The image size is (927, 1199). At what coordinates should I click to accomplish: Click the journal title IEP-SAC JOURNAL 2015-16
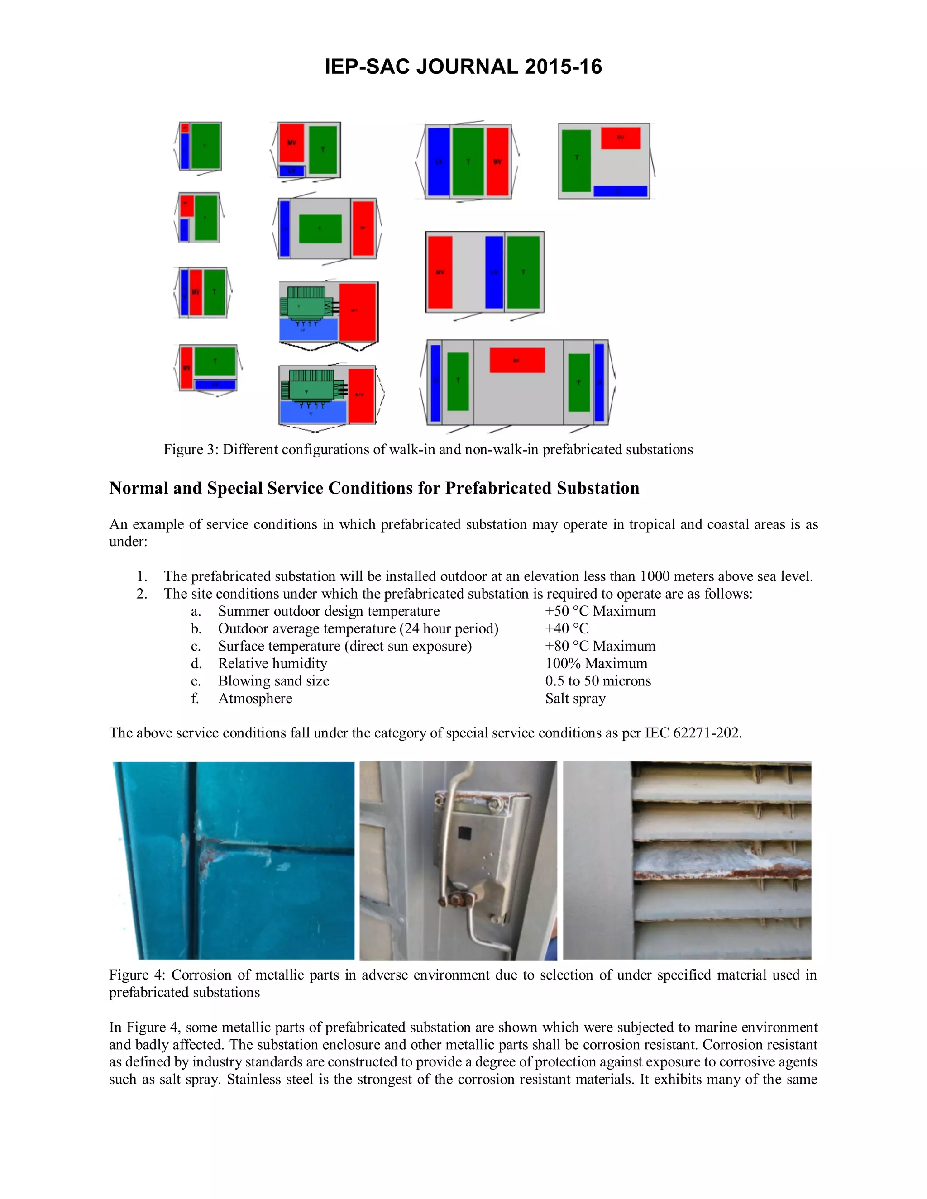click(x=463, y=67)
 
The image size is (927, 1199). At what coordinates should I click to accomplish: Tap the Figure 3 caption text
click(x=428, y=449)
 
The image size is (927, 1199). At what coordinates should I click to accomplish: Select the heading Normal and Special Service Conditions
click(x=374, y=488)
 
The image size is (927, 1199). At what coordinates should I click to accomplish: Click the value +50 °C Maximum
click(x=600, y=611)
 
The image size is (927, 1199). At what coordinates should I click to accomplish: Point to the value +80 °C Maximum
click(x=600, y=646)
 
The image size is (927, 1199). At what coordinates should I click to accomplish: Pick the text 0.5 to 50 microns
click(x=597, y=681)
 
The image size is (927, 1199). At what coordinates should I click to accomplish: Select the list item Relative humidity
click(x=272, y=664)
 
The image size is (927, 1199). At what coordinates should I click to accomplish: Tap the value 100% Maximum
click(x=596, y=664)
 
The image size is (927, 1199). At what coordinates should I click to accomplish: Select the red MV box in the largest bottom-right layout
click(x=517, y=360)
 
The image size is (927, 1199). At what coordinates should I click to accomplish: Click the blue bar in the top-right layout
click(x=620, y=191)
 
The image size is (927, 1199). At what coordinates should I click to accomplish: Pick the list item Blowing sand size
click(x=273, y=681)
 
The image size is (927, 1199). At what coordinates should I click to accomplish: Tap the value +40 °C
click(x=566, y=628)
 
